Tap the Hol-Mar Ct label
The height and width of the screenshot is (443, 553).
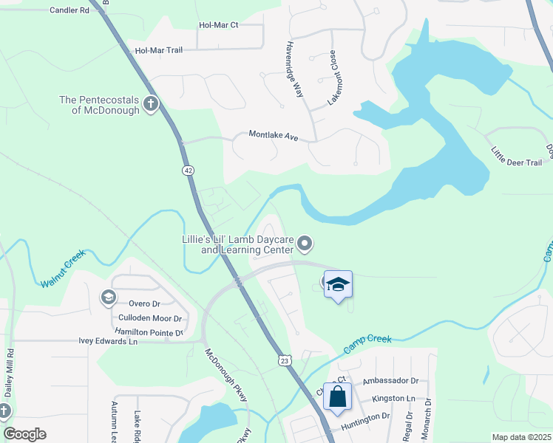coord(219,25)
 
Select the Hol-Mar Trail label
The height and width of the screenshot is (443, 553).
coord(158,50)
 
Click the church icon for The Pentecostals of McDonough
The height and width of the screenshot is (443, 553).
coord(150,103)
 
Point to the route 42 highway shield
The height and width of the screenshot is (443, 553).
coord(189,170)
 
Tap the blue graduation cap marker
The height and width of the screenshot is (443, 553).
coord(337,285)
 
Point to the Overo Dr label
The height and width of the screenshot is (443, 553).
coord(144,303)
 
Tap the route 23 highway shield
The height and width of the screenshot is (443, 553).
coord(285,360)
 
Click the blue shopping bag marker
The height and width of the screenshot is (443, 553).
coord(337,396)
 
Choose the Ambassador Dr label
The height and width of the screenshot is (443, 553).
coord(390,381)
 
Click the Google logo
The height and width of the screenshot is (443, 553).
coord(24,434)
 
